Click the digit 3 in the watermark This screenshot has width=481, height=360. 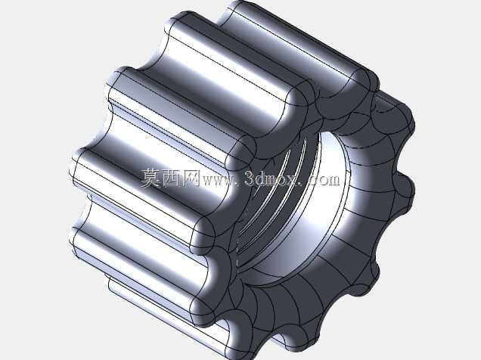coord(250,178)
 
